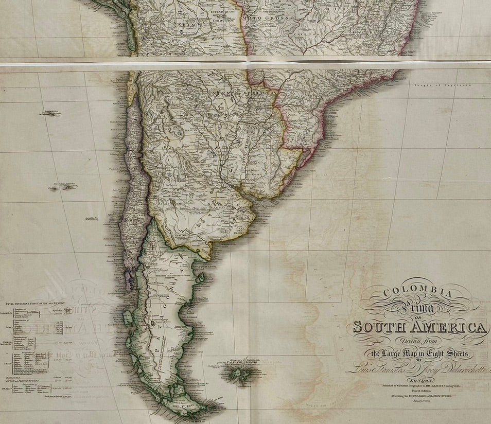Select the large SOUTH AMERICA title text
[419, 327]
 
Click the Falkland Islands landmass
[239, 373]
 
